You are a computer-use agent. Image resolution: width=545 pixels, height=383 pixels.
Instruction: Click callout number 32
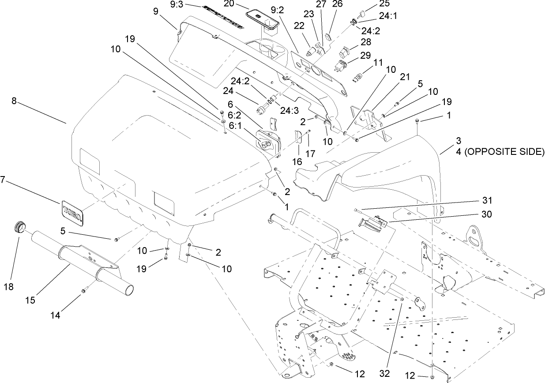[385, 373]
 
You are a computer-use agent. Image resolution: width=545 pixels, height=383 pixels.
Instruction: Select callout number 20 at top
[229, 3]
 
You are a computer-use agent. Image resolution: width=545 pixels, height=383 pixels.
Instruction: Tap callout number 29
[366, 56]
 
